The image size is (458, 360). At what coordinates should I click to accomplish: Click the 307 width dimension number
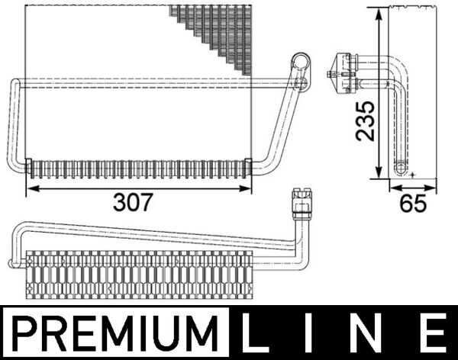coord(134,202)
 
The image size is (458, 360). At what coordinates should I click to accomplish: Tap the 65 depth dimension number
coord(412,204)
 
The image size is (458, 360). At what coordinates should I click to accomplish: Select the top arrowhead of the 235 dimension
coord(379,12)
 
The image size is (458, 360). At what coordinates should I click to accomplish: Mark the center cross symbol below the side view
coord(412,175)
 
